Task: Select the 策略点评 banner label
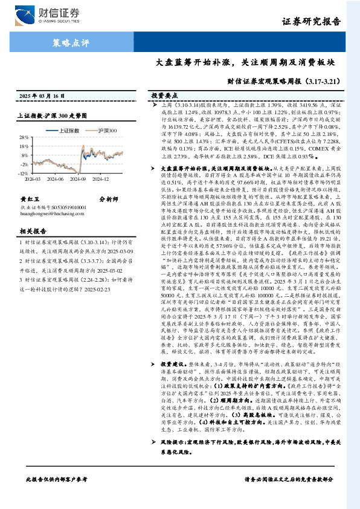pyautogui.click(x=68, y=43)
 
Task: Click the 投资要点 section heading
pyautogui.click(x=164, y=96)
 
